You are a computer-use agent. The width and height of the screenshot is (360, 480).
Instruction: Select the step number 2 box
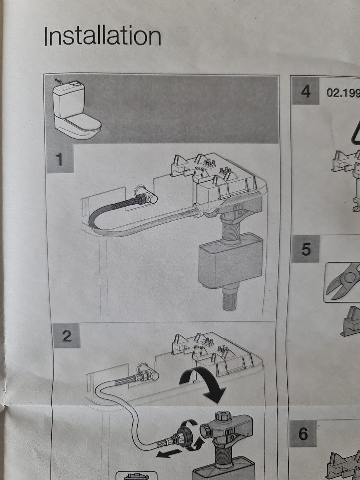click(67, 335)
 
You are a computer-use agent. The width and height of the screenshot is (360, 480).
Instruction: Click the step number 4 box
click(305, 91)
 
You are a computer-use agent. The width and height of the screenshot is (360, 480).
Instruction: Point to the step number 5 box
click(305, 249)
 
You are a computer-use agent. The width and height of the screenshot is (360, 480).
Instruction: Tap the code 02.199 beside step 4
click(343, 93)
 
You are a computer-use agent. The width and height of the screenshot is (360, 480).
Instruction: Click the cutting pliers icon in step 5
click(343, 282)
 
